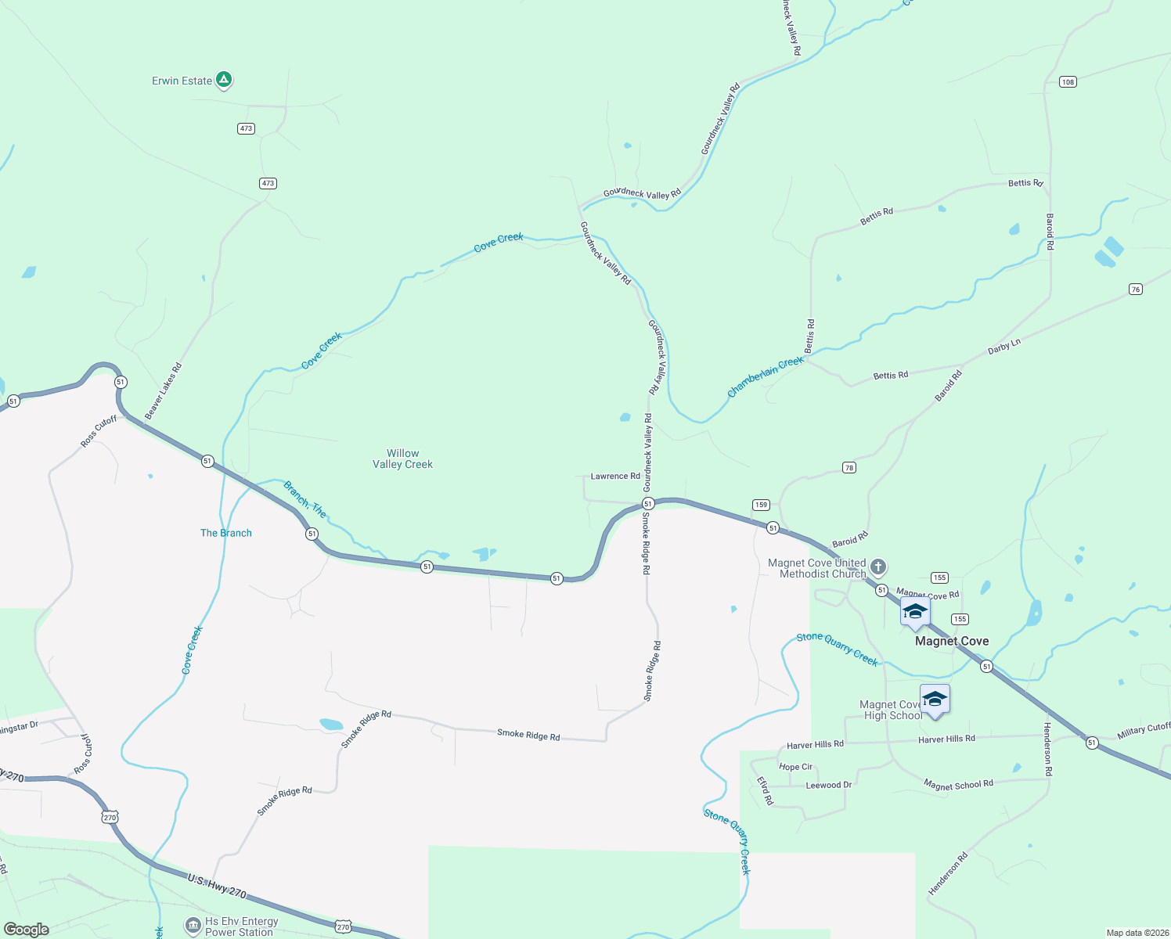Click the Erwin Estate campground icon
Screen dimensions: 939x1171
(224, 80)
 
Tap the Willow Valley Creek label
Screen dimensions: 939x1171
(402, 459)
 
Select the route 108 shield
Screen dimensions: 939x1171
(1068, 81)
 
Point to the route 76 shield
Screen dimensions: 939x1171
(1136, 290)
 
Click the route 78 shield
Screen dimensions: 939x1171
(849, 468)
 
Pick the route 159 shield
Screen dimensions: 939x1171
(761, 505)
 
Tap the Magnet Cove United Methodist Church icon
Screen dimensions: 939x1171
(878, 567)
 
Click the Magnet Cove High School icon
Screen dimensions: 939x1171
(935, 699)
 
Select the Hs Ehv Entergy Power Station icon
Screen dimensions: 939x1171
(193, 926)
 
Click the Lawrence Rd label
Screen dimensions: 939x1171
(615, 476)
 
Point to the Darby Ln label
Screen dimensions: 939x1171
(1004, 346)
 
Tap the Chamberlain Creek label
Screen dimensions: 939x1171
(766, 376)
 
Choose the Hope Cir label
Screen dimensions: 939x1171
(796, 767)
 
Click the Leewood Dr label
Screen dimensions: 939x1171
(829, 785)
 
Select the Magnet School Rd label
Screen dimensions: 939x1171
(958, 784)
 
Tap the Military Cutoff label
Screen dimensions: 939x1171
(1144, 731)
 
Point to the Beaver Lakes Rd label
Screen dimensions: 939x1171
(164, 390)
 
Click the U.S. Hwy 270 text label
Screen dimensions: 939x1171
(217, 887)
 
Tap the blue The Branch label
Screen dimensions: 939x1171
(226, 533)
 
